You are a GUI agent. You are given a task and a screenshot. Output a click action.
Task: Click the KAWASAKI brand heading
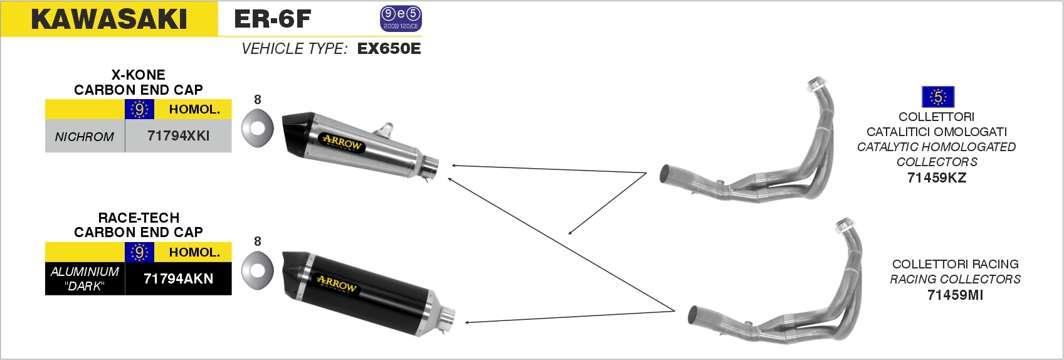(x=108, y=19)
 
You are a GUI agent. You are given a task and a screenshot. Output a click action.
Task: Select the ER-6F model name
(x=272, y=19)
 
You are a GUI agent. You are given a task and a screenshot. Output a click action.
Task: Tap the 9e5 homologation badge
(x=401, y=19)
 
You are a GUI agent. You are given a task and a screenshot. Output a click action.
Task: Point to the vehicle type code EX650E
(x=389, y=48)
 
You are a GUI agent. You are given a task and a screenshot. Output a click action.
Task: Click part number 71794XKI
(x=178, y=136)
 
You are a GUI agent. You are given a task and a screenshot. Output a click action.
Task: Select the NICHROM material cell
(x=85, y=136)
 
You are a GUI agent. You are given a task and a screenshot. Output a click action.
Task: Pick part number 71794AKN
(x=178, y=278)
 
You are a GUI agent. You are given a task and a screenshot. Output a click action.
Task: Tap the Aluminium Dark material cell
(x=85, y=278)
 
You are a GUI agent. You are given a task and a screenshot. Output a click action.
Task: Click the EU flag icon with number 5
(x=937, y=97)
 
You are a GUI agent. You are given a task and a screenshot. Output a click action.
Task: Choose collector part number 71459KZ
(x=937, y=177)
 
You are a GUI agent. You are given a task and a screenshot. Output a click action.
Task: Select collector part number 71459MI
(x=956, y=295)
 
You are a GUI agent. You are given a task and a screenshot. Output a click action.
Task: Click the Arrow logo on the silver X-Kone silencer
(x=342, y=142)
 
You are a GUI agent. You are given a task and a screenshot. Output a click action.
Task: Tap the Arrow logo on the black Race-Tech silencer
(x=336, y=283)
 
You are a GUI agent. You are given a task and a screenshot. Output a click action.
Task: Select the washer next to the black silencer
(x=258, y=271)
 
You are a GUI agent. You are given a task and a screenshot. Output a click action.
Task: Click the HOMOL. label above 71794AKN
(x=195, y=252)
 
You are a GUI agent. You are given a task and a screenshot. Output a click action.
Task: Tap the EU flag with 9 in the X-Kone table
(x=139, y=109)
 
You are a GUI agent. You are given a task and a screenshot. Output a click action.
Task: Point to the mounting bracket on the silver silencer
(x=384, y=130)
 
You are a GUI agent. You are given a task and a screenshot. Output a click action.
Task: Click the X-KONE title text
(x=138, y=75)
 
